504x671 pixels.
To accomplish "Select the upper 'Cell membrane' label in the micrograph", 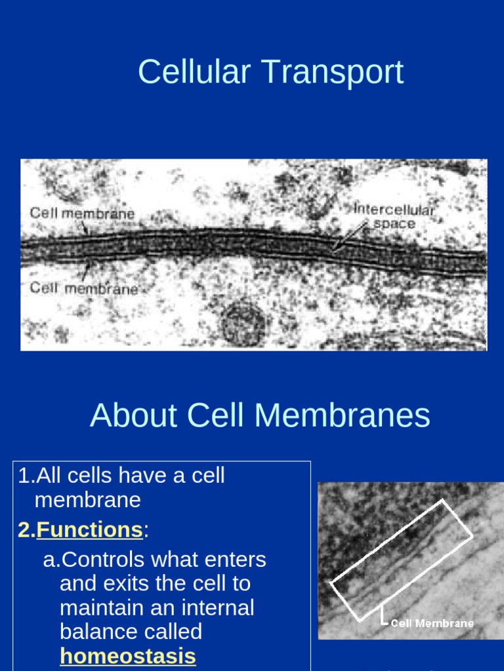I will point(82,213).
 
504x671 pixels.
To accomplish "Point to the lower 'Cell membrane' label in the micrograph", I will point(83,288).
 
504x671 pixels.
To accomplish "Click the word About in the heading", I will point(133,415).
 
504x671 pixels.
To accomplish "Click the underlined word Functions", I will point(89,529).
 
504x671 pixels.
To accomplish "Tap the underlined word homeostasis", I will point(127,656).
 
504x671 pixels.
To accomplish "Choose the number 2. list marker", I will point(26,529).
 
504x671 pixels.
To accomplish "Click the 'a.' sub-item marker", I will point(51,559).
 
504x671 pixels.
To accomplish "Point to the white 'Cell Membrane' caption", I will point(432,623).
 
